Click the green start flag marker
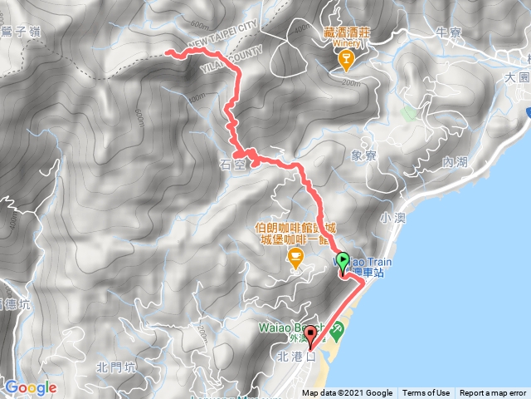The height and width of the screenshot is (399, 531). click(x=343, y=259)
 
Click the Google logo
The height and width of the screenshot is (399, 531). click(x=30, y=387)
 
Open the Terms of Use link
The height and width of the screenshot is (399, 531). click(x=426, y=393)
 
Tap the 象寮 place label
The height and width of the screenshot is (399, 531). click(x=363, y=155)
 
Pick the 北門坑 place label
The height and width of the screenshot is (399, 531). click(x=114, y=367)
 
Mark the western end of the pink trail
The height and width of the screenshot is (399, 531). click(x=168, y=52)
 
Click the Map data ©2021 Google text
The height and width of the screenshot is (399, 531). click(x=347, y=393)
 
